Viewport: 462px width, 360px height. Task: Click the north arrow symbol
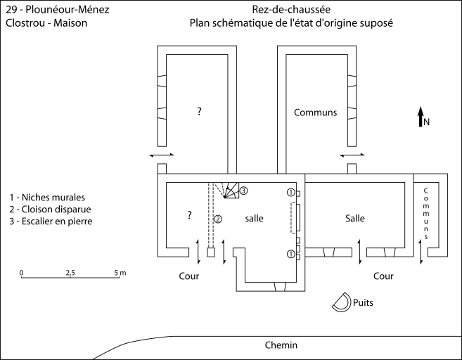pyautogui.click(x=421, y=117)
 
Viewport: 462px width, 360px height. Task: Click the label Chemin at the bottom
pyautogui.click(x=281, y=345)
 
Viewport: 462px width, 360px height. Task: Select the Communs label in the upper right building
pyautogui.click(x=315, y=112)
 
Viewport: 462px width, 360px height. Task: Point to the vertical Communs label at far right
pyautogui.click(x=425, y=213)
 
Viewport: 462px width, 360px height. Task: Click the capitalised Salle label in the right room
pyautogui.click(x=355, y=219)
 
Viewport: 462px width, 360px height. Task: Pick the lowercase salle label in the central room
pyautogui.click(x=254, y=219)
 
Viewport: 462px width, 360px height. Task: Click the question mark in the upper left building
pyautogui.click(x=200, y=112)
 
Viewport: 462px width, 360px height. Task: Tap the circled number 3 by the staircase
pyautogui.click(x=243, y=191)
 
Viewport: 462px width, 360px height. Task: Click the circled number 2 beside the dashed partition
pyautogui.click(x=218, y=219)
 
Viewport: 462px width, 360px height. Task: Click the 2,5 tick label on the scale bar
pyautogui.click(x=70, y=272)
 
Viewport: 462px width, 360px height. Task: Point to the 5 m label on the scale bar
pyautogui.click(x=120, y=272)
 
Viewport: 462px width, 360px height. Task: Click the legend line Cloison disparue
pyautogui.click(x=51, y=210)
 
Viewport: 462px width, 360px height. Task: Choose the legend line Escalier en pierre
pyautogui.click(x=52, y=221)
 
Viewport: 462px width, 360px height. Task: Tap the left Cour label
pyautogui.click(x=188, y=276)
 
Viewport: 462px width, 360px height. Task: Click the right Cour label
pyautogui.click(x=383, y=276)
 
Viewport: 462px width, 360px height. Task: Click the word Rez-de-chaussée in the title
pyautogui.click(x=290, y=11)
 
